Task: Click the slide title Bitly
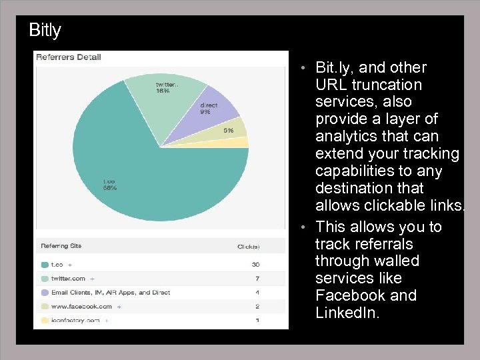pos(45,31)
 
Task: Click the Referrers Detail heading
pos(68,57)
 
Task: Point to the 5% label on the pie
pos(228,131)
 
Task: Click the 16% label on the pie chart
pos(163,91)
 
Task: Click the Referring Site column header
pos(61,246)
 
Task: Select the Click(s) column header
pos(248,247)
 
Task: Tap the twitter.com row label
pos(69,279)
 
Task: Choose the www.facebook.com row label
pos(82,307)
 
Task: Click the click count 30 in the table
pos(255,265)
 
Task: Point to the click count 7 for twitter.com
pos(257,279)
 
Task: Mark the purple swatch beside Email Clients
pos(45,293)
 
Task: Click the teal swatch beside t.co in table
pos(45,265)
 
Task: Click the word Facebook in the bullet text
pos(347,295)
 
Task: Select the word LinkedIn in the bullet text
pos(347,313)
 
